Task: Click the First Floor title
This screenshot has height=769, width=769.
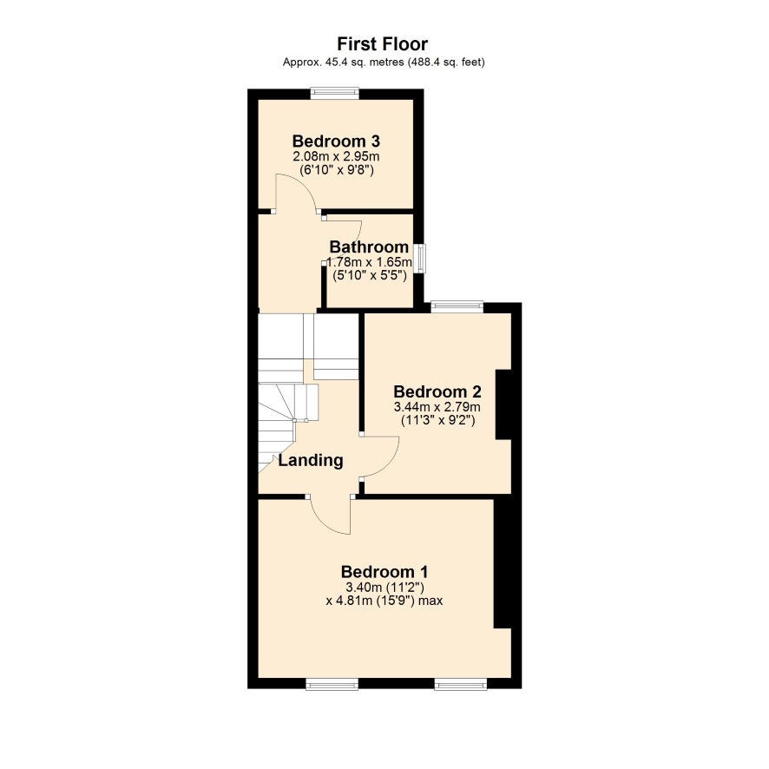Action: (382, 44)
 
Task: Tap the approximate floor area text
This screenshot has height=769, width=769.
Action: (384, 62)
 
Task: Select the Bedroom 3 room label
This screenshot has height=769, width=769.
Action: (336, 141)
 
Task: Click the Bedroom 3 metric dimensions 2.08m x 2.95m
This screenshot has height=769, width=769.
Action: (336, 157)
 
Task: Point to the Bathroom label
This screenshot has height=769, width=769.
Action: (369, 246)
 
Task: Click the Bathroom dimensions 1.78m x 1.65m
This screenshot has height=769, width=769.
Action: (369, 262)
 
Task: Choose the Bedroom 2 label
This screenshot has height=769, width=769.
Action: (437, 391)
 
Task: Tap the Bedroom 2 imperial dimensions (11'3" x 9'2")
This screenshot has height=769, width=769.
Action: (438, 420)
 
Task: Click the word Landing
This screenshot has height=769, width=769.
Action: (311, 461)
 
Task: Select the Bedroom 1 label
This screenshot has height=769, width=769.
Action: (384, 572)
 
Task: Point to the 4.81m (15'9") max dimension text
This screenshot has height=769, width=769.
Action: (384, 601)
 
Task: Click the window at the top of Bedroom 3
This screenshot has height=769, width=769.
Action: (334, 94)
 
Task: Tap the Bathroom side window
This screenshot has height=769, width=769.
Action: (419, 258)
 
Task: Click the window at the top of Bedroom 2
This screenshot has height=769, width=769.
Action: (457, 307)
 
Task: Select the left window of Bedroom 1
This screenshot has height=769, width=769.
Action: (332, 684)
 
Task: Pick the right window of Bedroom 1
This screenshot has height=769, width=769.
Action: (461, 684)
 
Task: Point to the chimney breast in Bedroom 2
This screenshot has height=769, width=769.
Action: (503, 404)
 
